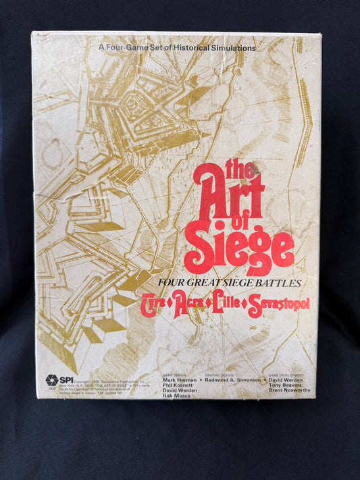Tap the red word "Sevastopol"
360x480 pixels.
274,308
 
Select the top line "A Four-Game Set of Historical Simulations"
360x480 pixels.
177,49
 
